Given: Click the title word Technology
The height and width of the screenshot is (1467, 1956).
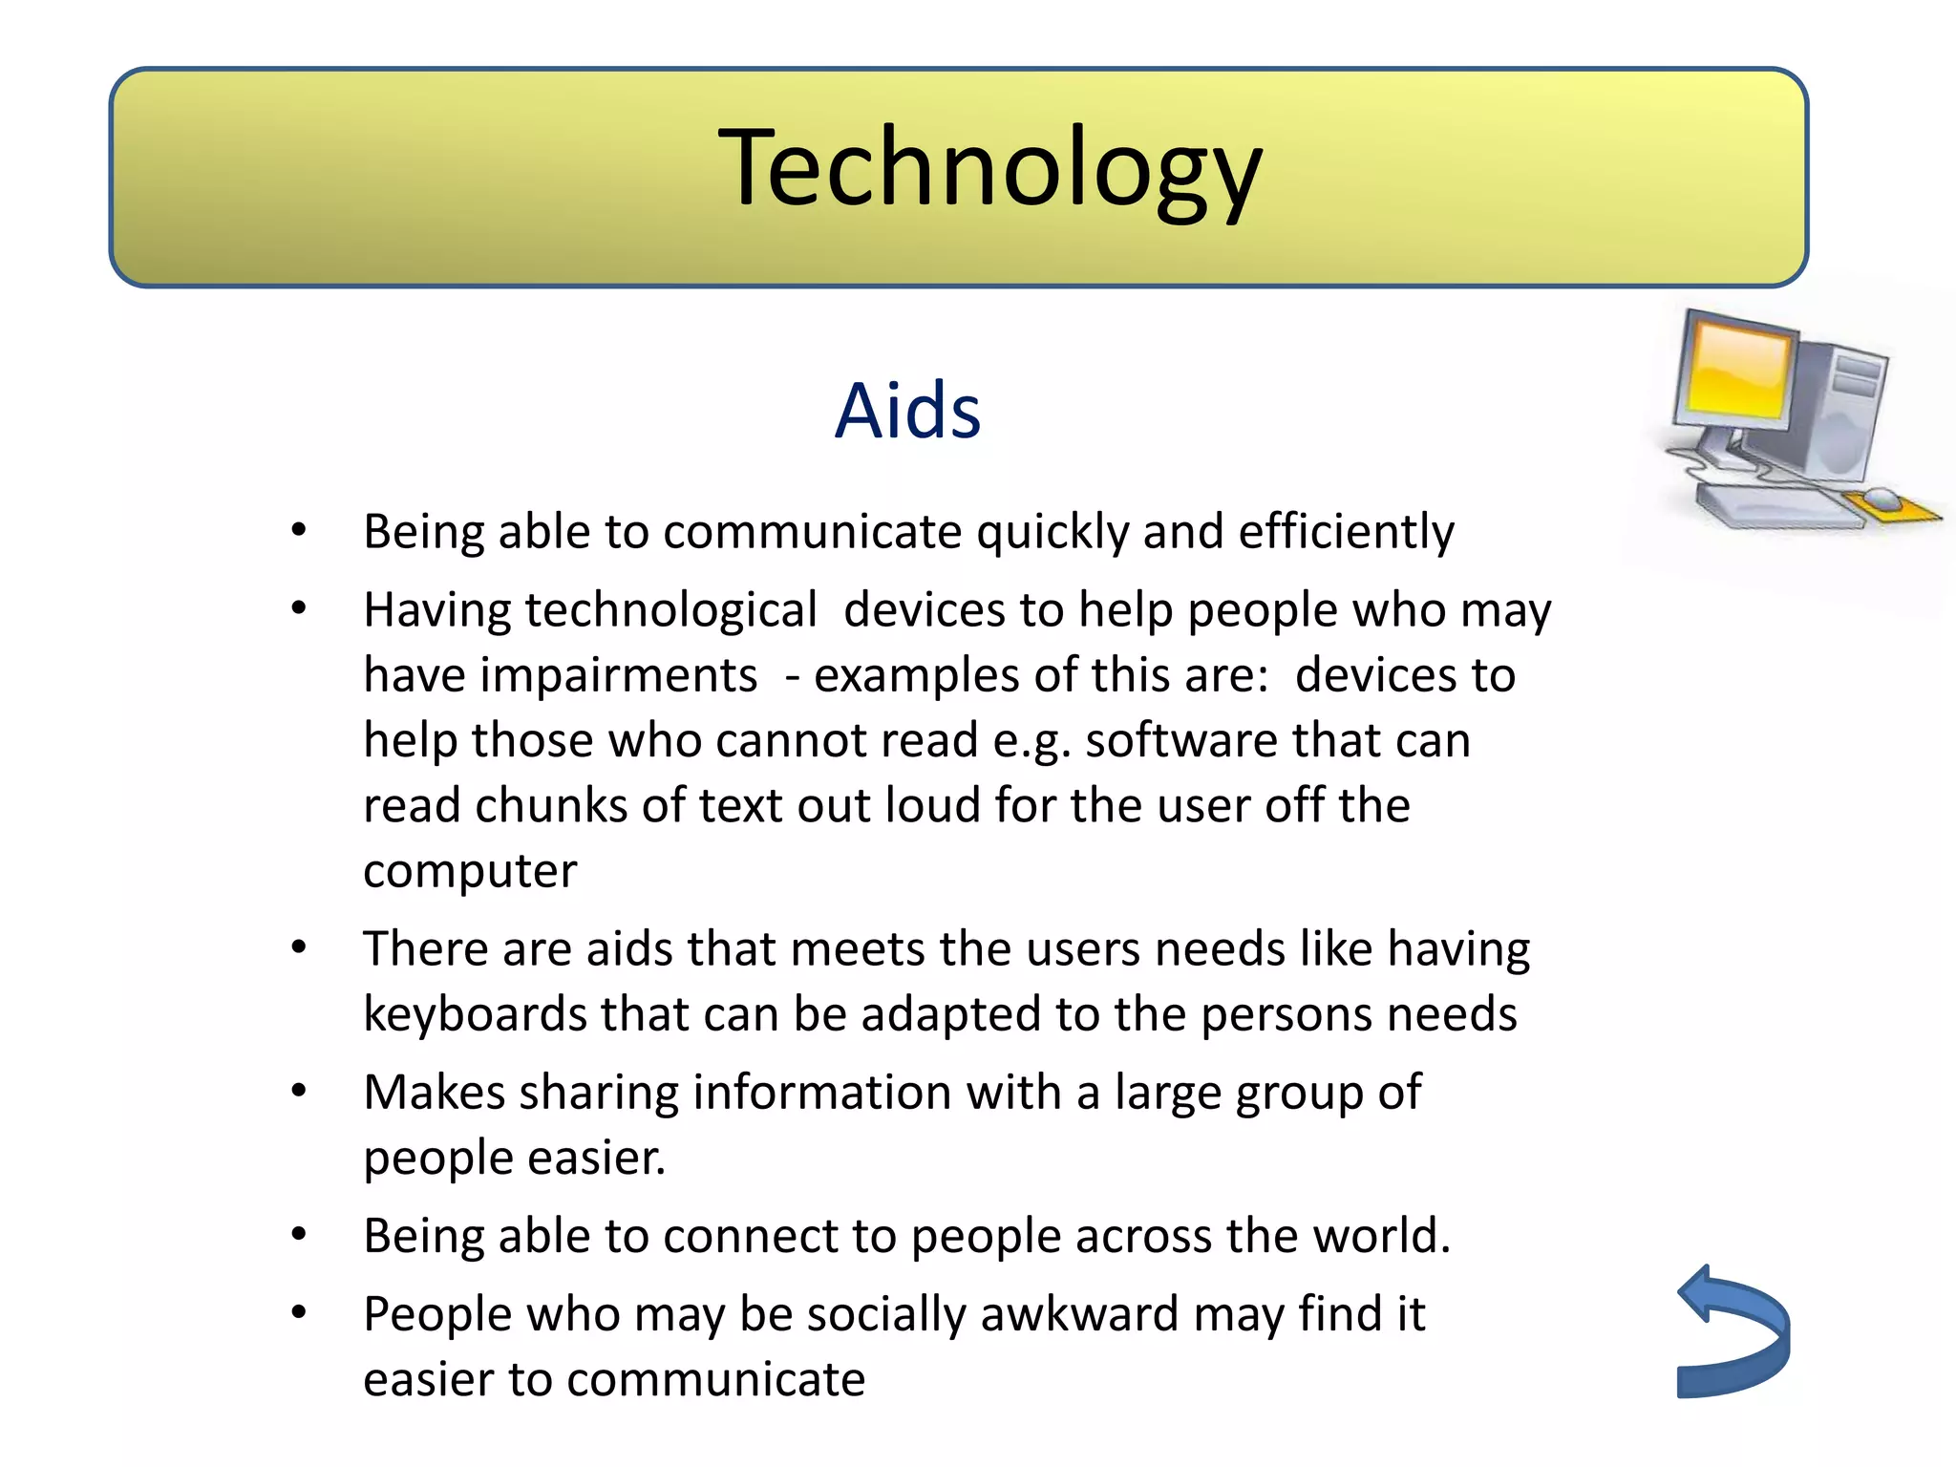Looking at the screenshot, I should pyautogui.click(x=989, y=170).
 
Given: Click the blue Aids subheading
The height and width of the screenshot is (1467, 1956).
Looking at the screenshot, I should pyautogui.click(x=907, y=411).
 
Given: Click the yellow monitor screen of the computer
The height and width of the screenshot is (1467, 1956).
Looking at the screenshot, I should pyautogui.click(x=1736, y=371).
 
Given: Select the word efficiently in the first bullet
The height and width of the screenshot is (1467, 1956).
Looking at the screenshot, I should pyautogui.click(x=1346, y=532).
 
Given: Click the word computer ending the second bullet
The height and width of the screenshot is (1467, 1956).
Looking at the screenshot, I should pyautogui.click(x=470, y=871).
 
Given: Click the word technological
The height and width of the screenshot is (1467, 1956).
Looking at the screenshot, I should pyautogui.click(x=670, y=610).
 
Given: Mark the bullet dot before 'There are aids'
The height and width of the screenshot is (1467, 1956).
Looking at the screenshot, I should pyautogui.click(x=299, y=947).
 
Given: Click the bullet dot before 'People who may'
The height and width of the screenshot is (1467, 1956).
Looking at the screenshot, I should pyautogui.click(x=299, y=1312).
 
